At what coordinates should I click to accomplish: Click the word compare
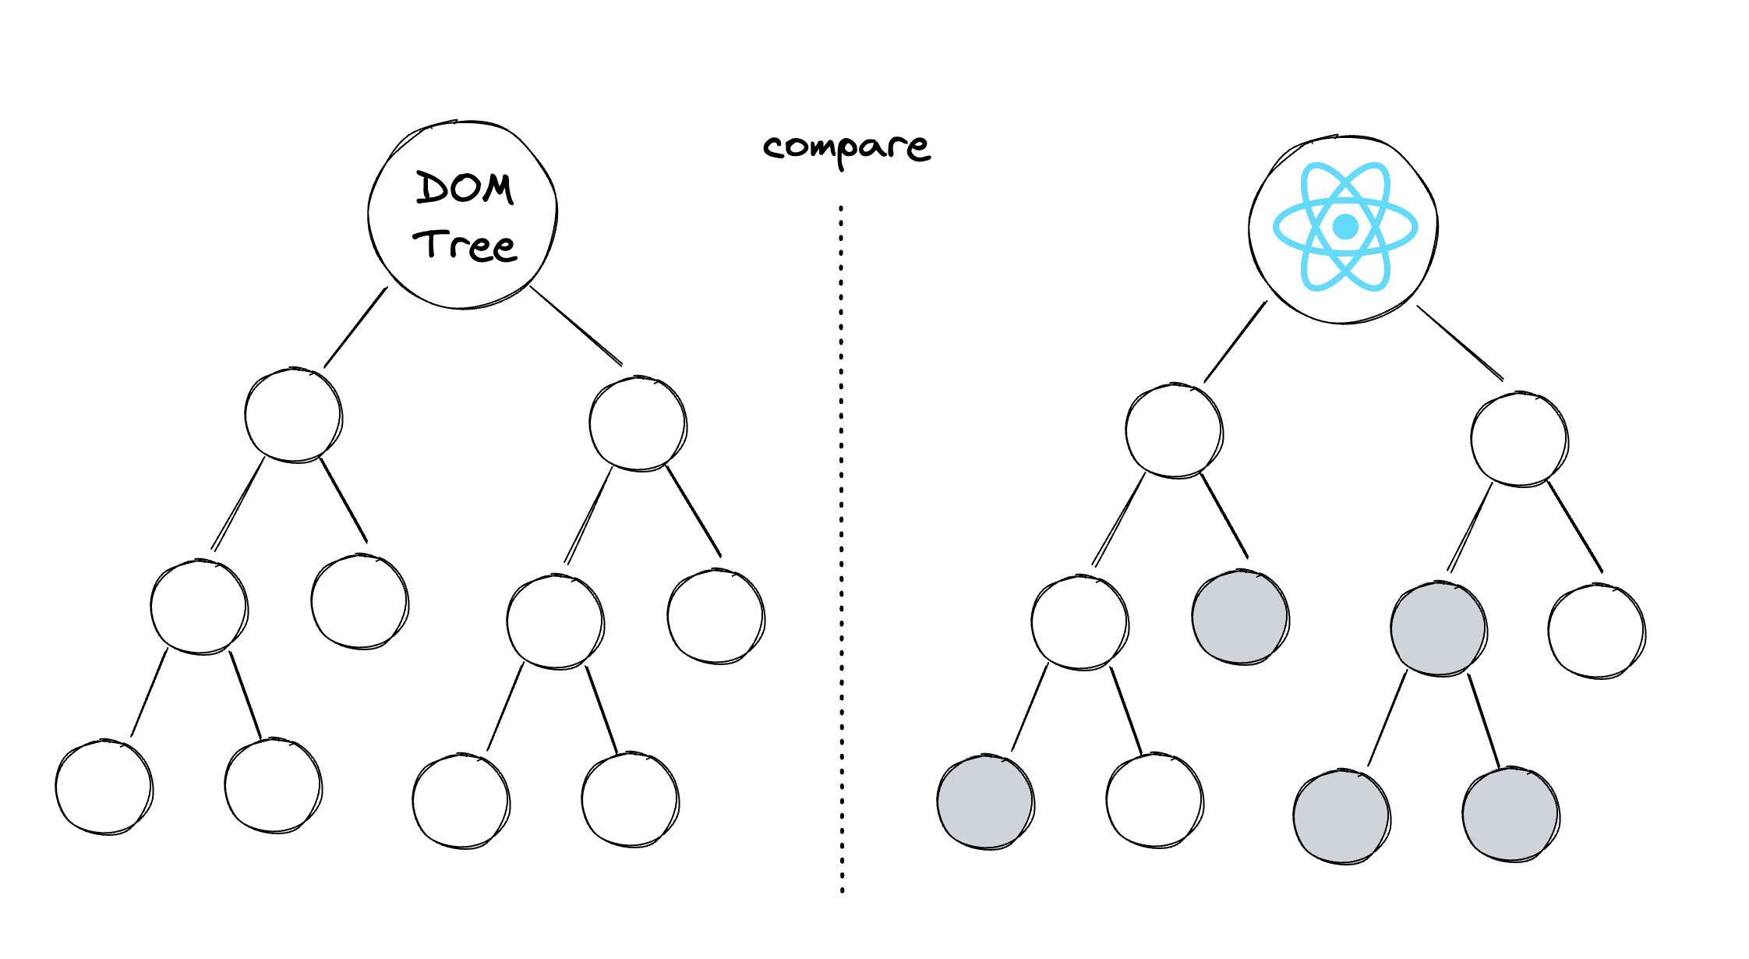846,147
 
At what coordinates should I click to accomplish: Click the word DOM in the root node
465,188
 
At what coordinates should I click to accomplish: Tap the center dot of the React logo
1345,227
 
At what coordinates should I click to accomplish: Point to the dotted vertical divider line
841,546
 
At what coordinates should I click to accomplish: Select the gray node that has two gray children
1439,628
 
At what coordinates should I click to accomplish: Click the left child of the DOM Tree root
293,415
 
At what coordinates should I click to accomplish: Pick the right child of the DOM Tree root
638,424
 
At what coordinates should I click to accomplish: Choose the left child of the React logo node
1174,430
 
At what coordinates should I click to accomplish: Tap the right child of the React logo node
1519,440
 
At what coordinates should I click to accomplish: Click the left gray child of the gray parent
1341,816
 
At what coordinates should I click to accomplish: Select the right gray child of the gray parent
1510,815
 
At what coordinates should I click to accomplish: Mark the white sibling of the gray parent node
1596,632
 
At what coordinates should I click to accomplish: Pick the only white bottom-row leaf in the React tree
1154,801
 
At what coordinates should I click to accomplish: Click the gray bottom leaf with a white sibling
985,802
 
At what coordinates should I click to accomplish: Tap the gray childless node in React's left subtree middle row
1240,618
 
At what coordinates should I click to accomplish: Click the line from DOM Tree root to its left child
355,327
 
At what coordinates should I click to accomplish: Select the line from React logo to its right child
1460,343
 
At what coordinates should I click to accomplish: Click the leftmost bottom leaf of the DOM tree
104,787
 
